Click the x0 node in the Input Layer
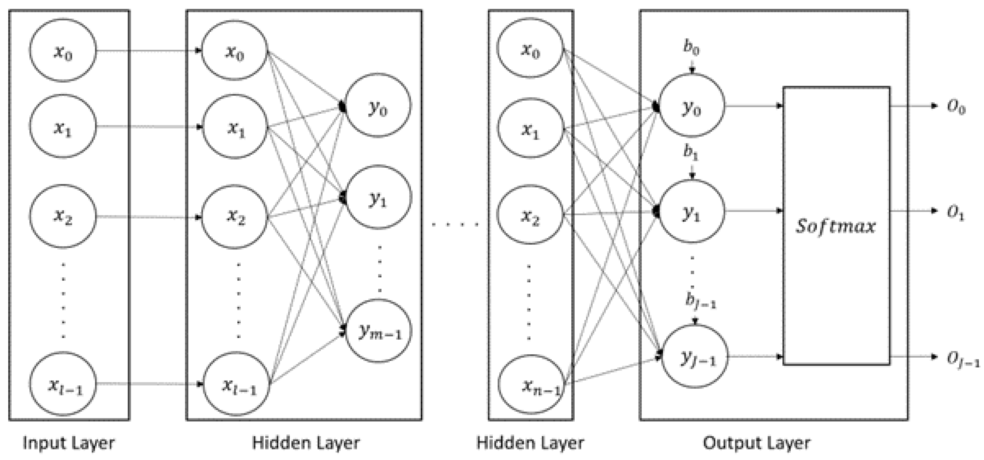(63, 51)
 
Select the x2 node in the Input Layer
(63, 216)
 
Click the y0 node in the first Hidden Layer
(378, 105)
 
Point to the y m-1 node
(379, 331)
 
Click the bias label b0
(691, 48)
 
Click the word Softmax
(836, 226)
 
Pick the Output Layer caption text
(757, 443)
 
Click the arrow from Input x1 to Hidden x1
(149, 126)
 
